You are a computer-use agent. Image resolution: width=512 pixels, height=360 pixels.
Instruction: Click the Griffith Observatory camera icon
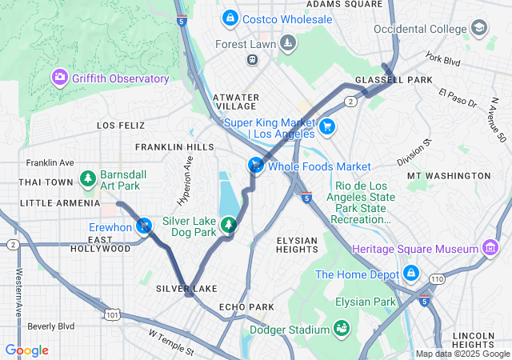coord(59,78)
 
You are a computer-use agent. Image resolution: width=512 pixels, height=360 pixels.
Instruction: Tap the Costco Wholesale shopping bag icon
coord(230,18)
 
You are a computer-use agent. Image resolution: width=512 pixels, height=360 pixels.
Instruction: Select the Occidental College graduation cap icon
coord(478,28)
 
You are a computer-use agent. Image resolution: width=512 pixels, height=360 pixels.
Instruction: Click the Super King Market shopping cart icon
coord(326,127)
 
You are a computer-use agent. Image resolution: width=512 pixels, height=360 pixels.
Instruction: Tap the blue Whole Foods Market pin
coord(254,165)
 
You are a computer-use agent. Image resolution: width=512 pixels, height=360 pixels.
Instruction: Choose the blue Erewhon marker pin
coord(143,226)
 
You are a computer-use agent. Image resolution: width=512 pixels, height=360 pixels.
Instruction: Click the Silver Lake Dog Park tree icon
coord(230,225)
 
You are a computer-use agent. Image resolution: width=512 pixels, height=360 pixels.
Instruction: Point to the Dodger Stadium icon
coord(342,329)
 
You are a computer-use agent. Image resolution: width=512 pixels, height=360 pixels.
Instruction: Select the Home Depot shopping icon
coord(411,274)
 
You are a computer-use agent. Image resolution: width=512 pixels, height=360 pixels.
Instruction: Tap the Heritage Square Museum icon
coord(490,250)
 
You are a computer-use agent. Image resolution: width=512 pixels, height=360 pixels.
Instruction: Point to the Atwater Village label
coord(236,102)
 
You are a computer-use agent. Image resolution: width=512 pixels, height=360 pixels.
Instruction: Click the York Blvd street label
coord(445,58)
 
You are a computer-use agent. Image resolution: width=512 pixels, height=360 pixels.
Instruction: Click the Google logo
coord(26,350)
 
